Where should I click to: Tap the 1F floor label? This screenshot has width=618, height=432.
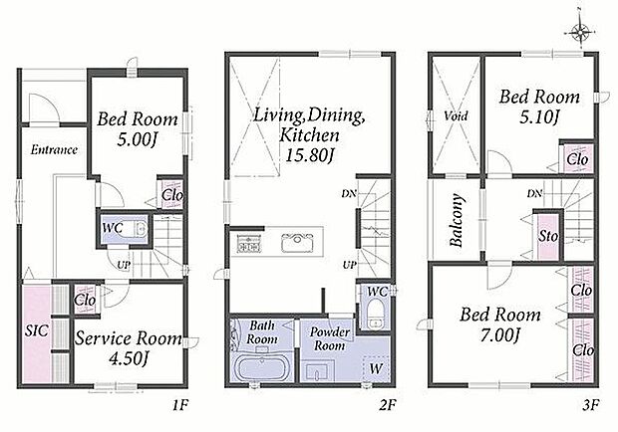click(x=180, y=404)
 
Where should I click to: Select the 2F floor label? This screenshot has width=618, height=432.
click(x=388, y=404)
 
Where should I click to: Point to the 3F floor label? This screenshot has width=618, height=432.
click(x=590, y=404)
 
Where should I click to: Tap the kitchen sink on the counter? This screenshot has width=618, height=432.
click(x=297, y=242)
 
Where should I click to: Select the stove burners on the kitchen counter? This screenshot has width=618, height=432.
click(x=248, y=243)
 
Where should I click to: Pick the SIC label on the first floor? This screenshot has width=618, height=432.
click(x=36, y=330)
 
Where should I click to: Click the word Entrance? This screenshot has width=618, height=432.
click(x=54, y=150)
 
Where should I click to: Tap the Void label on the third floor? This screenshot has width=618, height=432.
click(x=456, y=116)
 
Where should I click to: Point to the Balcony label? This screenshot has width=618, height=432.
click(x=457, y=220)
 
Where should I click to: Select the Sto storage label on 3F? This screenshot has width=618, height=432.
click(x=548, y=237)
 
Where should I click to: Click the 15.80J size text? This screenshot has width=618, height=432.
click(x=309, y=155)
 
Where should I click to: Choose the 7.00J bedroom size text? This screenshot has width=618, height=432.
click(x=500, y=335)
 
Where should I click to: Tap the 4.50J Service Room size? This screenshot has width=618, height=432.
click(x=128, y=358)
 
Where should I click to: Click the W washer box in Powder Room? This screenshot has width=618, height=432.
click(x=376, y=368)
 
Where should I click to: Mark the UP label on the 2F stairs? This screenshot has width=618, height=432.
click(x=349, y=265)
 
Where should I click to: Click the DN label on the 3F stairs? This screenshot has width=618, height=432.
click(x=535, y=193)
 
